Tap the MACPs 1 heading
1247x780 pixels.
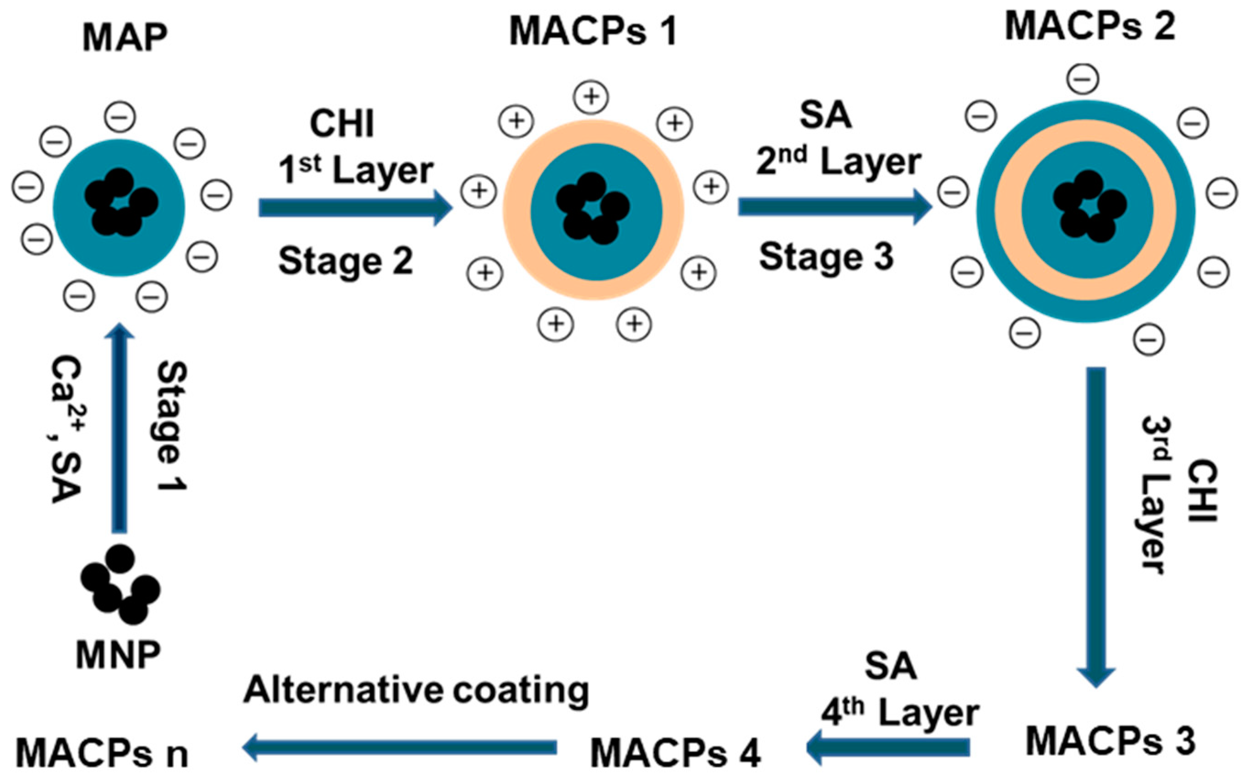(x=593, y=32)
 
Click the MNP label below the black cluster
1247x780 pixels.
(x=118, y=655)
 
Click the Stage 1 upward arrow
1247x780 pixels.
(x=120, y=428)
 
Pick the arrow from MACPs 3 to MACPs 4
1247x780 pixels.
(x=887, y=747)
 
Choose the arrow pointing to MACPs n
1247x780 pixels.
(x=400, y=747)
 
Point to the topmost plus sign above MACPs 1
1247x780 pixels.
(x=592, y=97)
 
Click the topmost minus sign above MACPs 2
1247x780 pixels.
(x=1082, y=78)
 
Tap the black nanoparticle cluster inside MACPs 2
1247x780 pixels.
(x=1089, y=207)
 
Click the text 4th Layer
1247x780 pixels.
(x=900, y=713)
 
